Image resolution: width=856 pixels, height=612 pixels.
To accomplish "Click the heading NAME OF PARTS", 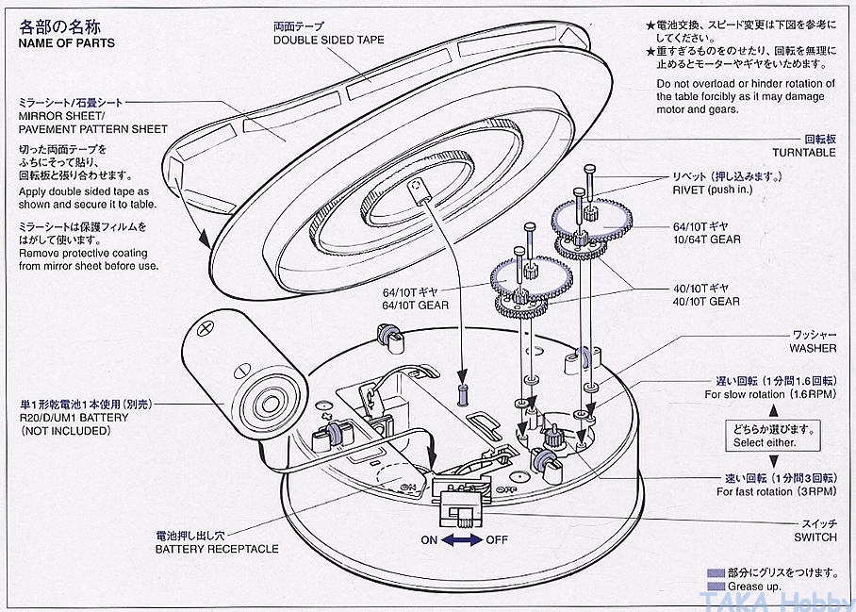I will pos(66,43).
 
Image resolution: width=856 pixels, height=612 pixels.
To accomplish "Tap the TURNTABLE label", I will pos(803,152).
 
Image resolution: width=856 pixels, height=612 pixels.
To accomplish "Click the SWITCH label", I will pos(815,537).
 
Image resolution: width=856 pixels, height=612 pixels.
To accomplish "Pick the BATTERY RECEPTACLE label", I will pos(217,549).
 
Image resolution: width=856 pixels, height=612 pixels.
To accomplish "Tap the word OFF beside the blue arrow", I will pos(498,540).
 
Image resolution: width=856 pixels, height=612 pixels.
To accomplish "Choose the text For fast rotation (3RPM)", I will pos(776,491).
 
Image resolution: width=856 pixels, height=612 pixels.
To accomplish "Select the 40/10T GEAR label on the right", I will pos(705,301).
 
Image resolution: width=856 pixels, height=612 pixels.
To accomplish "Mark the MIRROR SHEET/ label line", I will pos(59,114).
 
